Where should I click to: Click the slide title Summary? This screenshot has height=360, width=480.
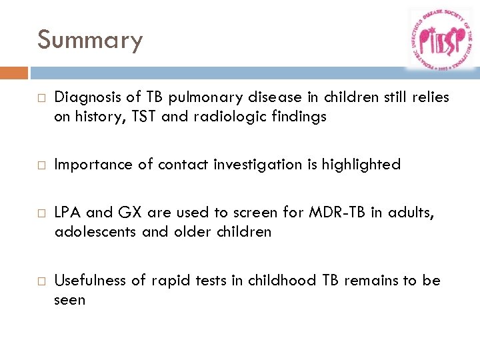pos(90,40)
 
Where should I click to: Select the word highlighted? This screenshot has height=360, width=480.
pos(361,165)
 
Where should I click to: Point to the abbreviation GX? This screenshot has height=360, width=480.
pos(133,213)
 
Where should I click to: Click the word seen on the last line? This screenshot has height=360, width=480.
pos(70,300)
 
